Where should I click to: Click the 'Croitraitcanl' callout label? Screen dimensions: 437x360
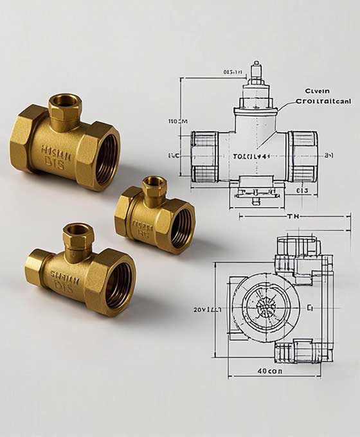coord(323,101)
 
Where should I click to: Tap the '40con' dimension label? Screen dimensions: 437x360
coord(270,371)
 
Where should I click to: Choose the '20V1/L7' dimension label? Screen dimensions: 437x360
coord(207,309)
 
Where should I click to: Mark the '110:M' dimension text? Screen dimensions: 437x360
coord(177,121)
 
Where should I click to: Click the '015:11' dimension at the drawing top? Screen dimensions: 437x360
coord(232,72)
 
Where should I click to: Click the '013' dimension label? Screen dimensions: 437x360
coord(302,190)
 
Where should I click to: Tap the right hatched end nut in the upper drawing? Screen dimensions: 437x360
coord(302,156)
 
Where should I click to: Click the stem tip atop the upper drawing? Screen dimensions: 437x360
coord(256,66)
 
